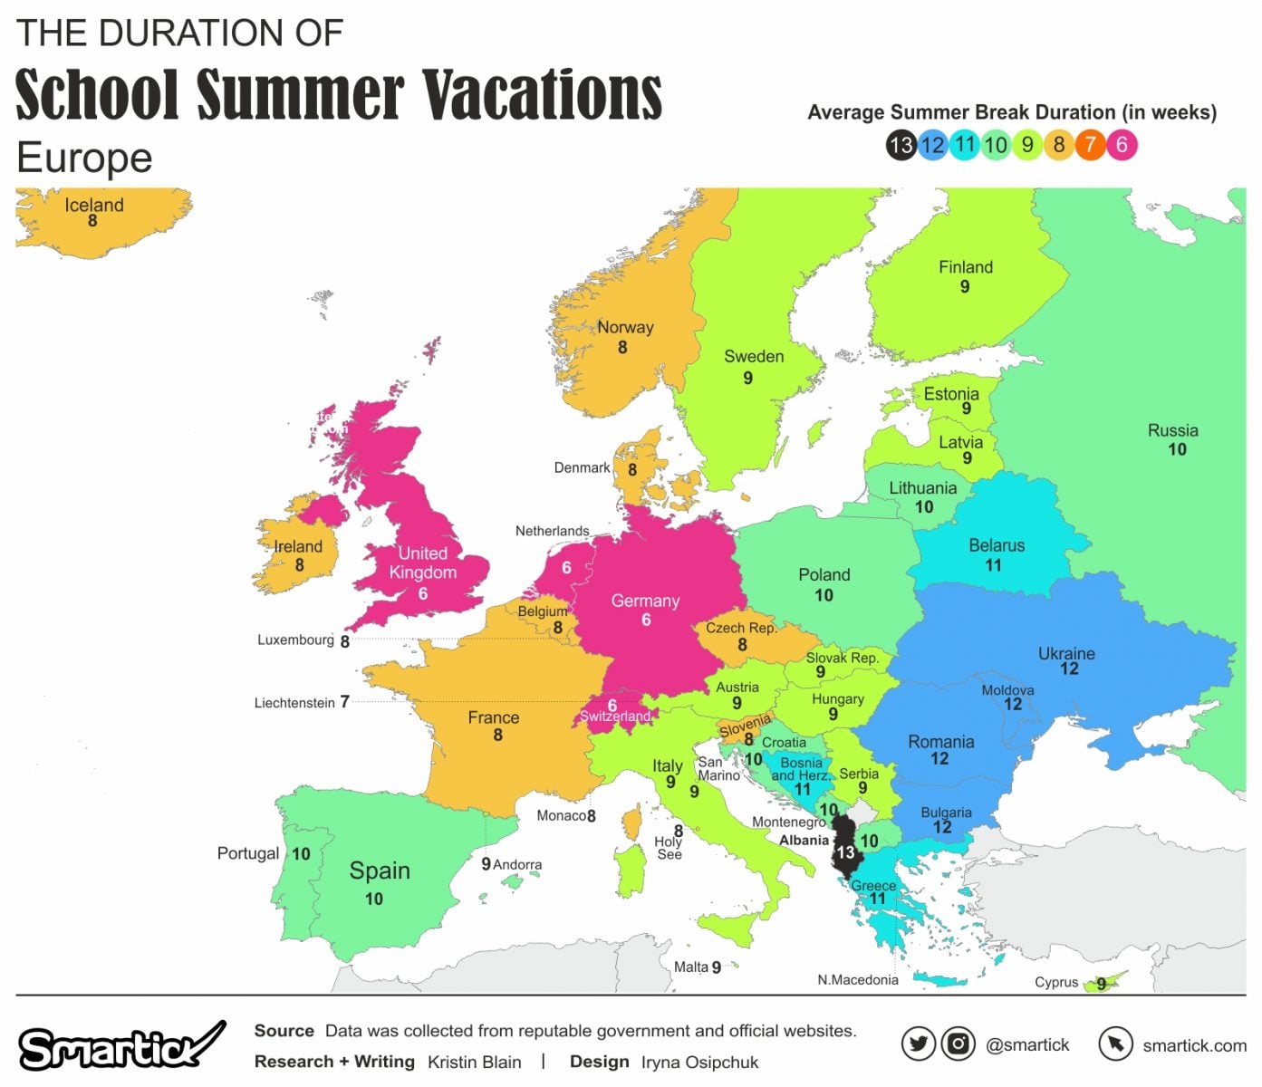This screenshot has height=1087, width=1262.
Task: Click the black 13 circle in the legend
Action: pos(901,145)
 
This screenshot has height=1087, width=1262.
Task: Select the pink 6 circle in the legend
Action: pos(1122,145)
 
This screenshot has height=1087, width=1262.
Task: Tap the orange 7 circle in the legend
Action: pos(1091,145)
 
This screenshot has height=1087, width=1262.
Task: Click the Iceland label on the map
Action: pos(93,206)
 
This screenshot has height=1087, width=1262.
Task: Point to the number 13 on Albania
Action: pos(845,852)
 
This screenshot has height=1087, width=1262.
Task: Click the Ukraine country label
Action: pos(1066,653)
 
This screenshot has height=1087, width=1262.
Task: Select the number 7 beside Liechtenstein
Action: pos(344,702)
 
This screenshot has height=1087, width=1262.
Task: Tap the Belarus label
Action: pos(997,545)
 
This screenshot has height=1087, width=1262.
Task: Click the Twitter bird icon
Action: pos(918,1044)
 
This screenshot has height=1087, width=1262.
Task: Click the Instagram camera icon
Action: pos(958,1044)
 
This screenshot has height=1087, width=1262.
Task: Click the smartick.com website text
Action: pos(1194,1045)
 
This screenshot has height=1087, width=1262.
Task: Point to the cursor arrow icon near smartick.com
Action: pos(1115,1044)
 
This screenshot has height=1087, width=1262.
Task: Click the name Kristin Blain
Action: pos(474,1062)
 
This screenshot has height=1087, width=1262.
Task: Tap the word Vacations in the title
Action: pos(542,94)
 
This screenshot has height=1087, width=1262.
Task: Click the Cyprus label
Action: pos(1056,982)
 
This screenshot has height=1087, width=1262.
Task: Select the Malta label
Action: pos(690,967)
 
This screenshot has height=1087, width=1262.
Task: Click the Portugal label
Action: pos(247,853)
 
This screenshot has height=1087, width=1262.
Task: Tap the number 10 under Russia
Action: pos(1176,449)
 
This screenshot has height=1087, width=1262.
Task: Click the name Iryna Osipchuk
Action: pos(699,1062)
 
